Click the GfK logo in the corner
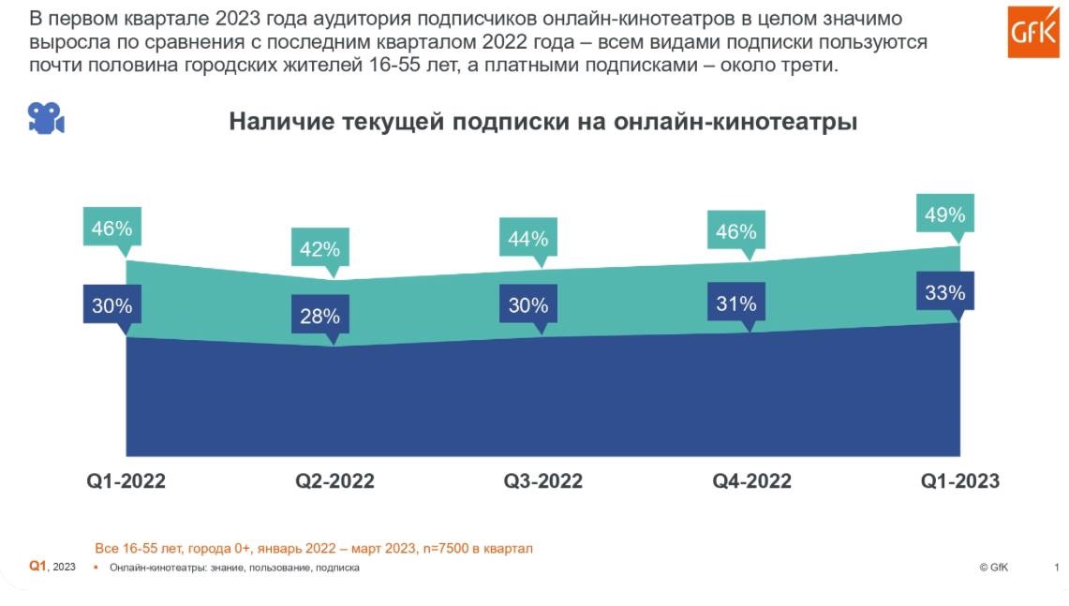[x=1032, y=32]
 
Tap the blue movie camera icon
[x=45, y=118]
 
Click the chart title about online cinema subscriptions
[x=543, y=122]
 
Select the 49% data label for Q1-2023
[x=944, y=214]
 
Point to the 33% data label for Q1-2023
[x=944, y=292]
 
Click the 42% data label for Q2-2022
[x=319, y=249]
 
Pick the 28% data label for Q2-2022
[x=319, y=317]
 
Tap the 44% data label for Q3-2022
[x=528, y=238]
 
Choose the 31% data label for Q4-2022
[x=736, y=304]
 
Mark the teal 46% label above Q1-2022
[x=111, y=228]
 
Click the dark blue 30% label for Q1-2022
[x=111, y=305]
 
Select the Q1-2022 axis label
[x=126, y=481]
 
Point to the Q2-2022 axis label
[x=334, y=481]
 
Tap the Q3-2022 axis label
[x=543, y=481]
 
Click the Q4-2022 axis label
[x=751, y=481]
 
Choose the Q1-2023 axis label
[x=959, y=481]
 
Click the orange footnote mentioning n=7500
[x=314, y=548]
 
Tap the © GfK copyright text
[x=993, y=568]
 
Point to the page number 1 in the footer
[x=1057, y=568]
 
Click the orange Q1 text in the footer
[x=37, y=566]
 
